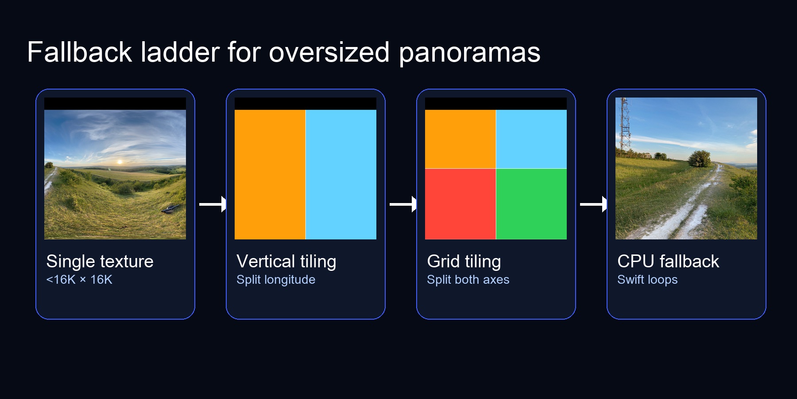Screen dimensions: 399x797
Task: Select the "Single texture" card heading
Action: (100, 262)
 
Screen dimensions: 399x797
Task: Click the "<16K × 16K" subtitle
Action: (79, 280)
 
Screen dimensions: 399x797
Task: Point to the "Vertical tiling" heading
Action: (286, 262)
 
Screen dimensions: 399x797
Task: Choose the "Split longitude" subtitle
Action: (275, 280)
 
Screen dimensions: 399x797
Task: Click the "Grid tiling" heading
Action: (464, 262)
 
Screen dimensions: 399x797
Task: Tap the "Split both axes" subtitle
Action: (468, 280)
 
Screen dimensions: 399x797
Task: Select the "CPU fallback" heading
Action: (668, 262)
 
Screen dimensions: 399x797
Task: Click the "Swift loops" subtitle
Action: (647, 280)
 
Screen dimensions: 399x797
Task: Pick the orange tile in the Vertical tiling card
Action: (270, 174)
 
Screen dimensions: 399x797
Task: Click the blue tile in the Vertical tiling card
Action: (341, 174)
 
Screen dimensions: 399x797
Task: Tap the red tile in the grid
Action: (460, 204)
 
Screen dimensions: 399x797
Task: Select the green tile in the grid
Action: (531, 204)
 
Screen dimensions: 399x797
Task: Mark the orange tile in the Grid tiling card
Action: (460, 139)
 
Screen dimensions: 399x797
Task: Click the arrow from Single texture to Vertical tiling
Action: (213, 204)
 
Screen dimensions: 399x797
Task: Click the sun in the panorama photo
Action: (120, 162)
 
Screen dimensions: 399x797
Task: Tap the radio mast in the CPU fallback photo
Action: (625, 126)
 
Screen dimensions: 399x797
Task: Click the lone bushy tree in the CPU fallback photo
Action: (699, 158)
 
